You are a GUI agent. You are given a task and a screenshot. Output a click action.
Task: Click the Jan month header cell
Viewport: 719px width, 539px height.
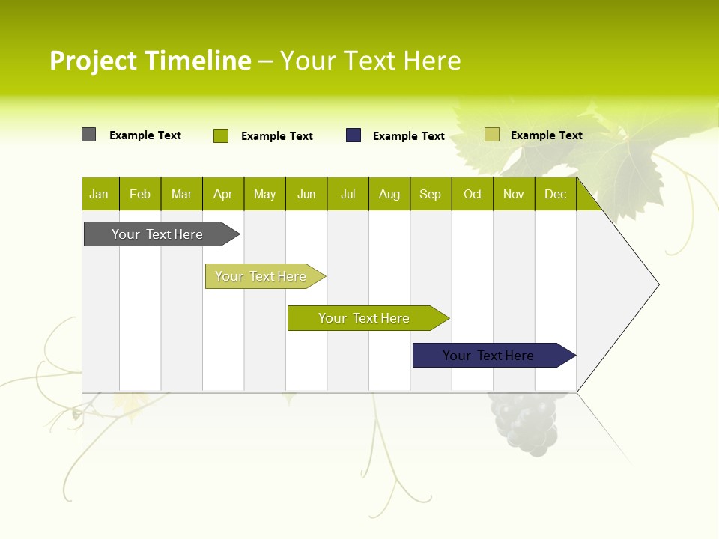(100, 194)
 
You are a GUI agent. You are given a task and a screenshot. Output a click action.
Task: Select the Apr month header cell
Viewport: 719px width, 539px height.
(223, 194)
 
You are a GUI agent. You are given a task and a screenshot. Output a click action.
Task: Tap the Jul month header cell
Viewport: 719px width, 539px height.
(348, 194)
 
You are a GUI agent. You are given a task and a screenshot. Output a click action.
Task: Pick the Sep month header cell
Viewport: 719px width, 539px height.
(431, 194)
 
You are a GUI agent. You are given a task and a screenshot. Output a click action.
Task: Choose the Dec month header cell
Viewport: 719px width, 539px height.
(555, 194)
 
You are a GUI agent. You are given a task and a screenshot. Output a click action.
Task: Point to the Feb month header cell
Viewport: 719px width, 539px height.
(140, 194)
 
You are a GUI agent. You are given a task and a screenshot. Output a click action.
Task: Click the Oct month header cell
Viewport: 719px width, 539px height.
(473, 194)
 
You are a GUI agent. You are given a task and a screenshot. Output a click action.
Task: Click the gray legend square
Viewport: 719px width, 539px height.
(89, 135)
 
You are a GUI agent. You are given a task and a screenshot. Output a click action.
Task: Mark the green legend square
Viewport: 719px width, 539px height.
(221, 135)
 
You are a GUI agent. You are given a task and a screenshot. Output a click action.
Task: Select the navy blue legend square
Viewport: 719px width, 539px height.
(354, 135)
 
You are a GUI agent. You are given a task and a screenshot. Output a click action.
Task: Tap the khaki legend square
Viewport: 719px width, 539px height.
(492, 135)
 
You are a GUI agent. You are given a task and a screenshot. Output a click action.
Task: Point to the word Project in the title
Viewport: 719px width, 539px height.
(93, 61)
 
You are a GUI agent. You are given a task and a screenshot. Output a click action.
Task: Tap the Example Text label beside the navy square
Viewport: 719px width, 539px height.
(409, 136)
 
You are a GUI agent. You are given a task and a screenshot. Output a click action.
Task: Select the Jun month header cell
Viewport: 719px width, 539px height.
(306, 194)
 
